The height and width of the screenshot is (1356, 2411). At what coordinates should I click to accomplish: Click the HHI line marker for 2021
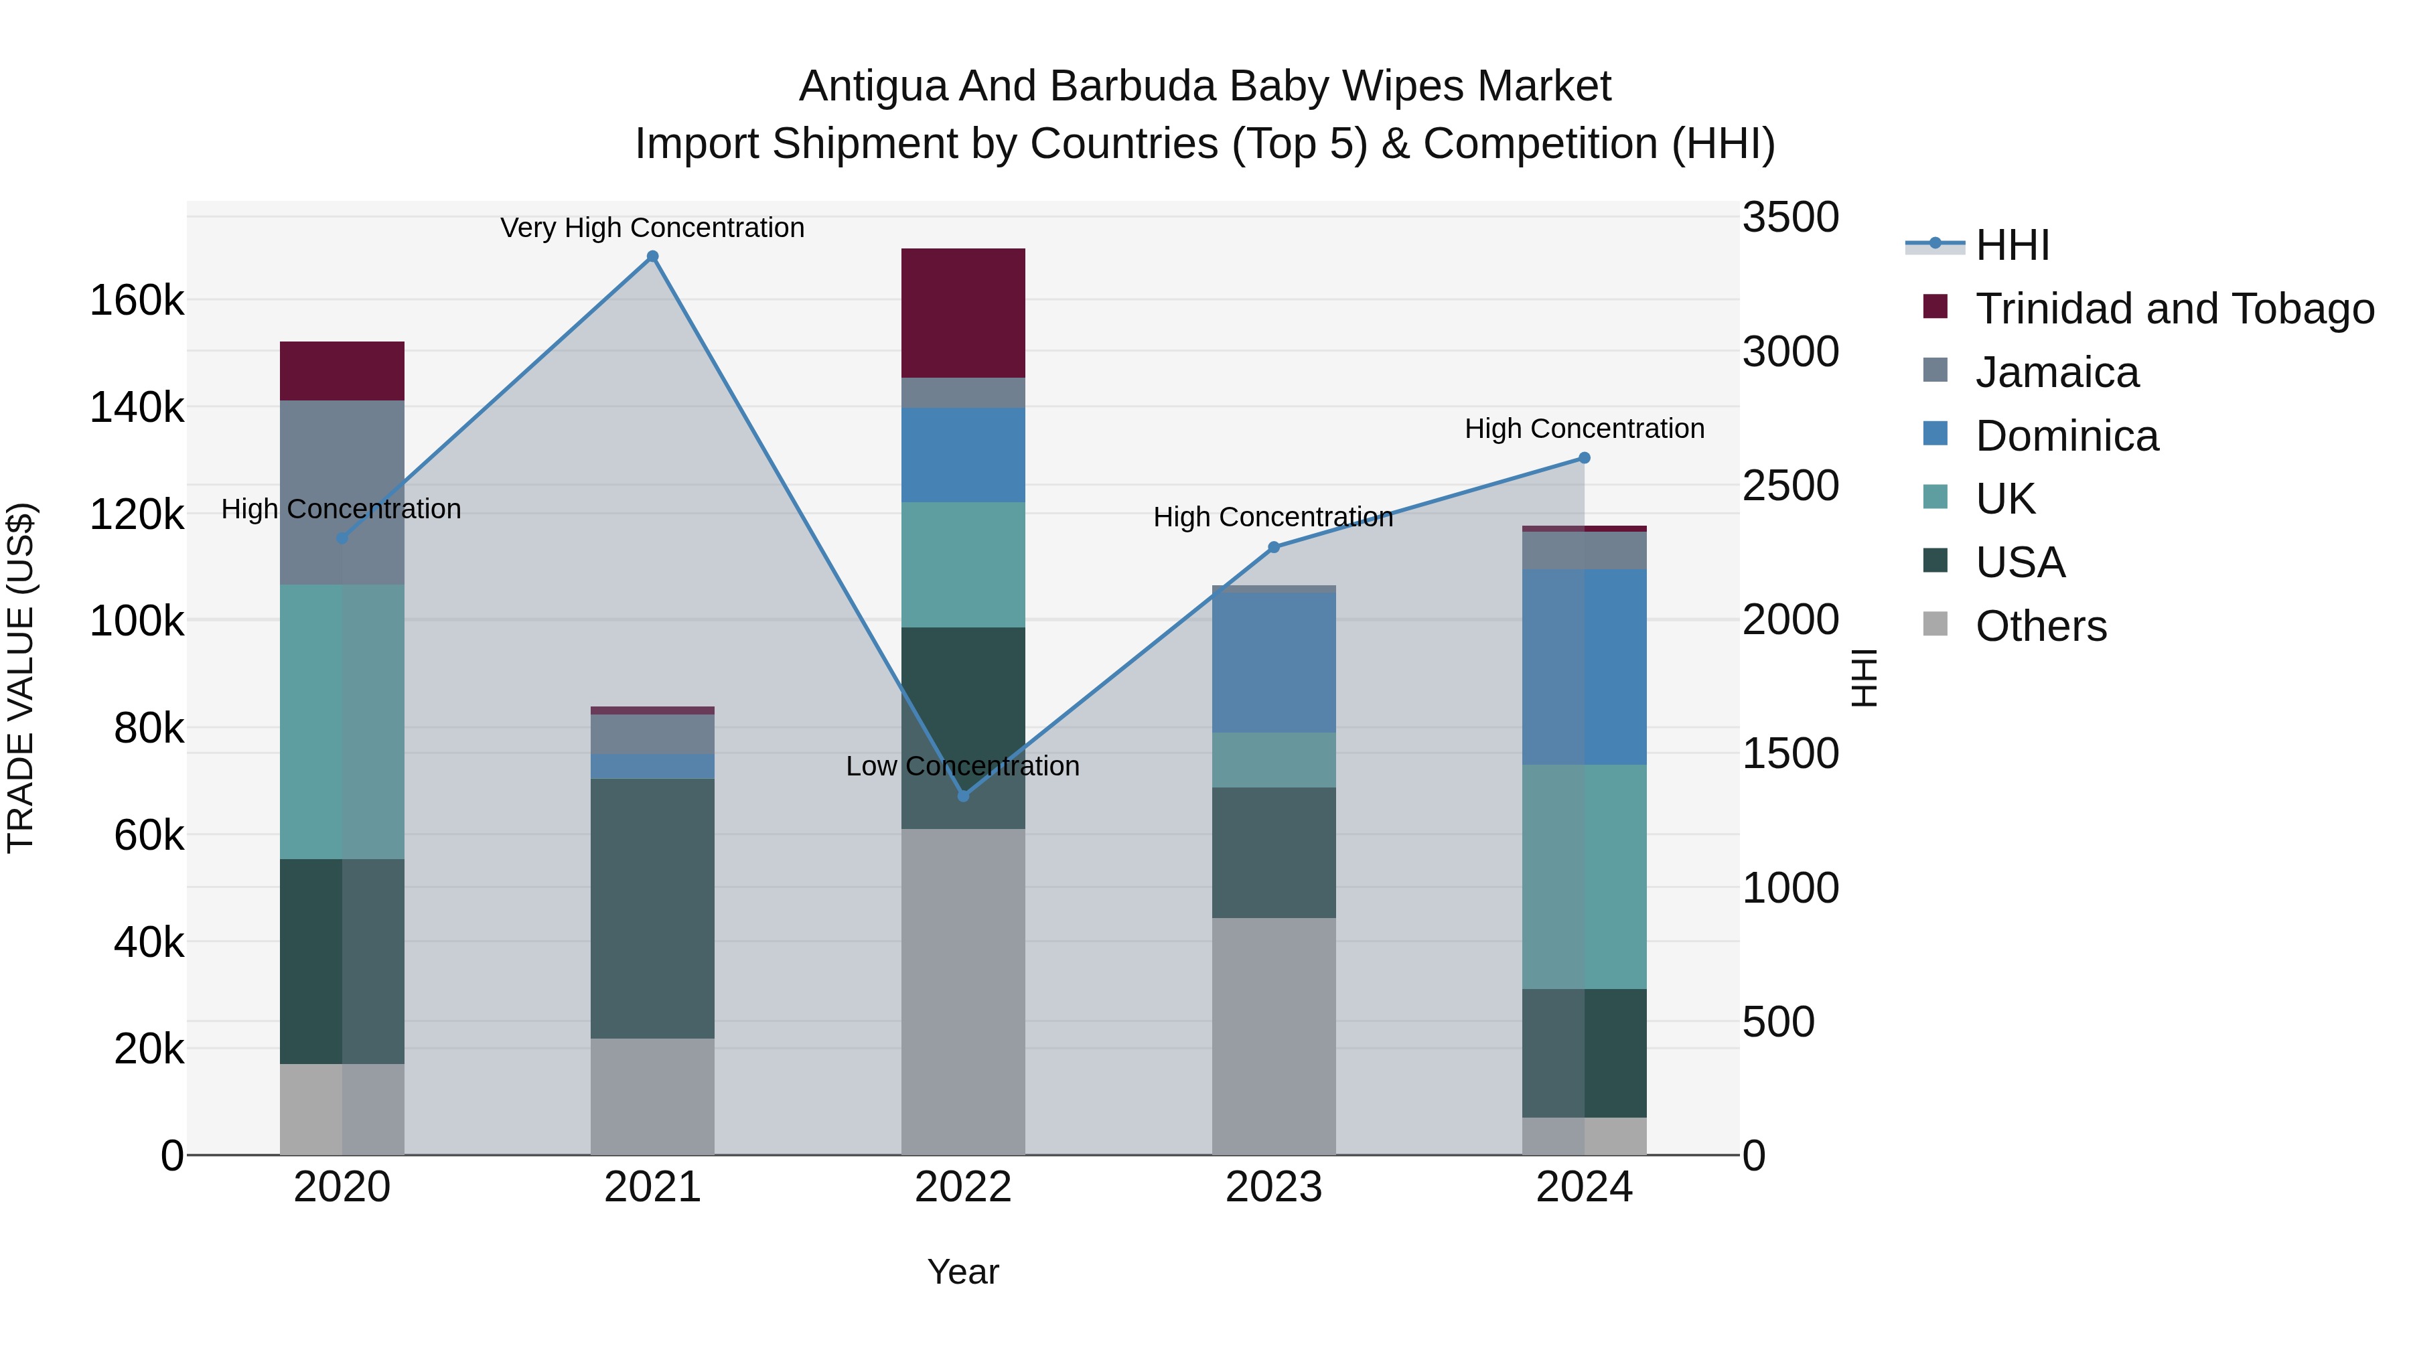[x=652, y=256]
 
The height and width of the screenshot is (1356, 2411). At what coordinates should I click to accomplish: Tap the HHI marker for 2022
[x=963, y=796]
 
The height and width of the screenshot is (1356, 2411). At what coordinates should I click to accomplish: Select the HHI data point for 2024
[x=1584, y=457]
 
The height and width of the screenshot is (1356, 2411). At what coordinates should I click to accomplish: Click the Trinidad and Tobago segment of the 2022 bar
[x=963, y=313]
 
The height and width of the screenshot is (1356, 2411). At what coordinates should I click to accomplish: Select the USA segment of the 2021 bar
[x=652, y=908]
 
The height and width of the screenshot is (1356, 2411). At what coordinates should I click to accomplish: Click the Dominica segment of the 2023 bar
[x=1273, y=662]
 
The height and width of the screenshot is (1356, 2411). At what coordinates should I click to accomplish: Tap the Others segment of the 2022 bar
[x=963, y=992]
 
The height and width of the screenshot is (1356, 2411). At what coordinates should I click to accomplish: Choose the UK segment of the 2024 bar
[x=1584, y=876]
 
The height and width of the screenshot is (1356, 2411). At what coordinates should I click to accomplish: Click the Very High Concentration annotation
[x=652, y=228]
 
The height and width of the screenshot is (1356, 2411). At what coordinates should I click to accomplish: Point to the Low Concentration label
[x=962, y=765]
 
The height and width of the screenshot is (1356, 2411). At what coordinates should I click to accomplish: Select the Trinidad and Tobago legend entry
[x=2174, y=309]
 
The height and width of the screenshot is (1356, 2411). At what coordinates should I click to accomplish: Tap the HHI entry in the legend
[x=2013, y=245]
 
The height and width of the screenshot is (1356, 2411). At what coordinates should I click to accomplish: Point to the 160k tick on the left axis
[x=137, y=301]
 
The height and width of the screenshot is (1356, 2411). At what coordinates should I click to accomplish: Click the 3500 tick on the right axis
[x=1789, y=217]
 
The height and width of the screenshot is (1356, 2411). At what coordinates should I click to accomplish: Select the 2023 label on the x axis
[x=1273, y=1187]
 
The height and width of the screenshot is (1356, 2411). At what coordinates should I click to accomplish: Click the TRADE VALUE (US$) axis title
[x=21, y=678]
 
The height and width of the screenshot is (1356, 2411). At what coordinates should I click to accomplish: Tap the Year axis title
[x=963, y=1272]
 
